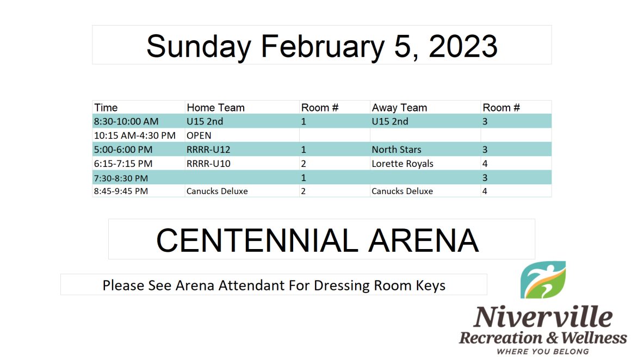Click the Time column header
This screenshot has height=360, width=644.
(x=106, y=108)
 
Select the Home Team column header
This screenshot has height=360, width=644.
(x=215, y=108)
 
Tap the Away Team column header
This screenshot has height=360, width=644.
(x=399, y=108)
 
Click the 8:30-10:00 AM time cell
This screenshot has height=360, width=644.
(x=126, y=121)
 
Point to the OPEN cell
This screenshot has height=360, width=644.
(x=199, y=135)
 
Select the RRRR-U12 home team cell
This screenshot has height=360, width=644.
(x=208, y=150)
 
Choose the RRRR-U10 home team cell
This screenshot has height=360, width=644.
(x=208, y=163)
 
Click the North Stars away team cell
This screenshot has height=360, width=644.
(x=397, y=150)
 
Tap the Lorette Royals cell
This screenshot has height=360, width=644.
(x=403, y=163)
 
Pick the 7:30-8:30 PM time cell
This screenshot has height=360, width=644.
(x=121, y=178)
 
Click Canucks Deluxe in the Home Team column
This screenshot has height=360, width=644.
(x=217, y=191)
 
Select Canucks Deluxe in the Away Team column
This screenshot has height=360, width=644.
(x=402, y=191)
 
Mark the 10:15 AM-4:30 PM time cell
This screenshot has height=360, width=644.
(x=135, y=135)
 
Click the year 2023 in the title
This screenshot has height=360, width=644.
(x=463, y=46)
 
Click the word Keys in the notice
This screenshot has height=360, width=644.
(x=430, y=285)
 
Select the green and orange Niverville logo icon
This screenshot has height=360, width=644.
(x=543, y=280)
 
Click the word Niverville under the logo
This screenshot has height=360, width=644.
(x=543, y=317)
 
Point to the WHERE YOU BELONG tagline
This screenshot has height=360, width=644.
(x=543, y=351)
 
